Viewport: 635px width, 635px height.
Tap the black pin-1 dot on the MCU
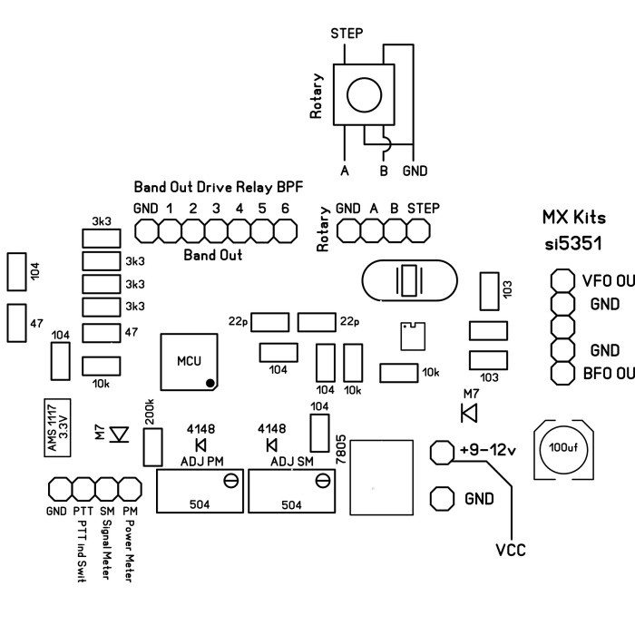click(x=210, y=383)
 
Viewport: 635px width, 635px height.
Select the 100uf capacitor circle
click(x=563, y=448)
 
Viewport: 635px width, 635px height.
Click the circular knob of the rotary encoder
click(x=364, y=94)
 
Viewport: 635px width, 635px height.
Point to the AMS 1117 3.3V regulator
click(x=57, y=427)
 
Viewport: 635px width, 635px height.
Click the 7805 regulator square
click(x=382, y=477)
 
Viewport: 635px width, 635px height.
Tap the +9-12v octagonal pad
click(x=442, y=452)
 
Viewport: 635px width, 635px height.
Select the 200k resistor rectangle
click(x=153, y=447)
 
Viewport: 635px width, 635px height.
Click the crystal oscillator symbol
click(x=409, y=280)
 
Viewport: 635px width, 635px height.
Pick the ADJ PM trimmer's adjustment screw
click(x=230, y=481)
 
